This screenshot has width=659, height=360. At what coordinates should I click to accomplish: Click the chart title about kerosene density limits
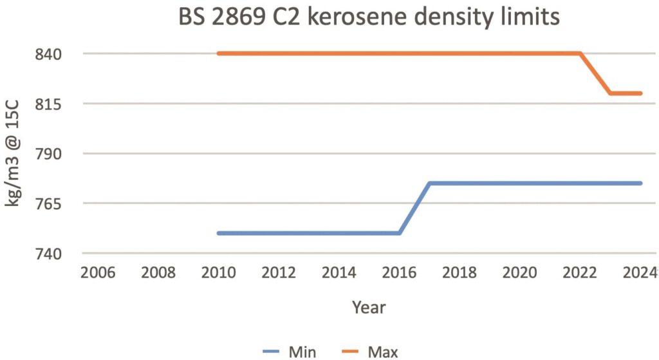pos(369,17)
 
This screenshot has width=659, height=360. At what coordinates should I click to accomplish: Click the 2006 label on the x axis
pos(98,272)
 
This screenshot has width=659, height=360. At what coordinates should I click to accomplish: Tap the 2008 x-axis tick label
pos(158,272)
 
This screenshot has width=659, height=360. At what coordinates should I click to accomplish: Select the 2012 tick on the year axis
pos(279,272)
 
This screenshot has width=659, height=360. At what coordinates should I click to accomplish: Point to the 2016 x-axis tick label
pos(399,272)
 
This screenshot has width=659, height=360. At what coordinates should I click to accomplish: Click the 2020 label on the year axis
pos(519,272)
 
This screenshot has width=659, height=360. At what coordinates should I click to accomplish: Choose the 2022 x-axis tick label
pos(580,272)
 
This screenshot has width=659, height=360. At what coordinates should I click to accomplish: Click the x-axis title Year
pos(369,307)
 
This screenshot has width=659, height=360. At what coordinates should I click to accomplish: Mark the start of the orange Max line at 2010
pos(219,53)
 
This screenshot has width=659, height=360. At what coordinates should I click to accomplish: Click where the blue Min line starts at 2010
pos(219,233)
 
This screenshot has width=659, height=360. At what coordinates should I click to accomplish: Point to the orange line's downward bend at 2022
pos(580,53)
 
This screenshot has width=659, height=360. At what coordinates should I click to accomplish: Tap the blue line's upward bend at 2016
pos(400,233)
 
